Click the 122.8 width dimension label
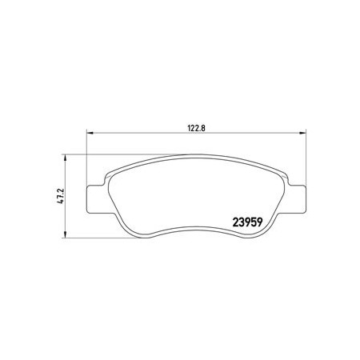tap(197, 128)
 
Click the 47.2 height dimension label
tap(61, 196)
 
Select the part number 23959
tap(248, 222)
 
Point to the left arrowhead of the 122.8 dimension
tap(90, 133)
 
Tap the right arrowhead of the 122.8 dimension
tap(303, 133)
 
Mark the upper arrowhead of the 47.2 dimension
tap(65, 157)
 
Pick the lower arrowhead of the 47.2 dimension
tap(65, 234)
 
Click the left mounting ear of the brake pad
tap(95, 199)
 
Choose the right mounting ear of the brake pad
tap(297, 199)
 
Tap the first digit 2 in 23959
tap(235, 222)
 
